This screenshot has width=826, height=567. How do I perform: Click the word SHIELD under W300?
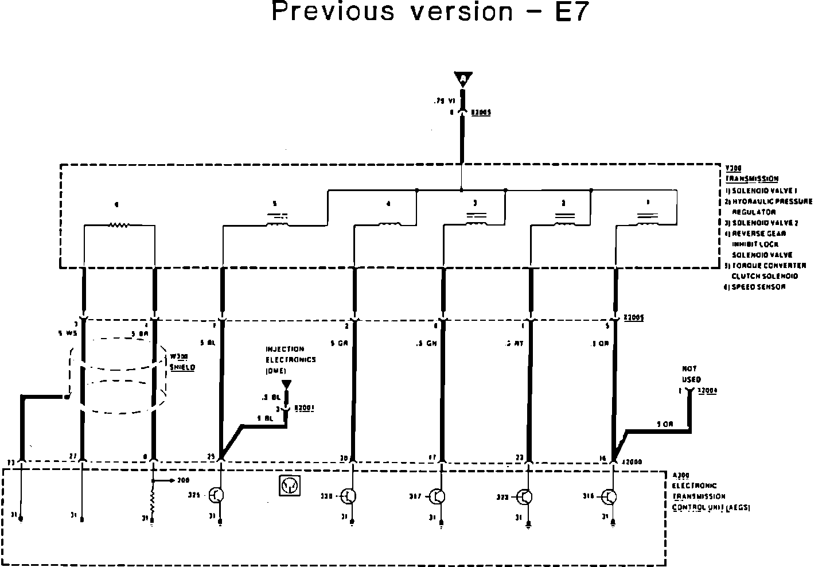pyautogui.click(x=182, y=367)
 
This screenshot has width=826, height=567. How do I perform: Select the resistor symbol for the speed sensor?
pyautogui.click(x=119, y=225)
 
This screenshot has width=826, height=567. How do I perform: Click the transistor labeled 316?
pyautogui.click(x=609, y=496)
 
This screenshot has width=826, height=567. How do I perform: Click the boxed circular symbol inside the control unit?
pyautogui.click(x=289, y=486)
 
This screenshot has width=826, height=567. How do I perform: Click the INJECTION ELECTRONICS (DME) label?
pyautogui.click(x=290, y=360)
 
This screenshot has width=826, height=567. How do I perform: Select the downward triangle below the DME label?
pyautogui.click(x=286, y=384)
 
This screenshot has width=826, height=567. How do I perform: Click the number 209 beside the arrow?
pyautogui.click(x=183, y=480)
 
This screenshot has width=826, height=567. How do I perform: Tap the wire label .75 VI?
pyautogui.click(x=444, y=100)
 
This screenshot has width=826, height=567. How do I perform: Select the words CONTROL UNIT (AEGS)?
pyautogui.click(x=711, y=507)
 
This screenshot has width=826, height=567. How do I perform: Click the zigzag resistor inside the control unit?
pyautogui.click(x=152, y=502)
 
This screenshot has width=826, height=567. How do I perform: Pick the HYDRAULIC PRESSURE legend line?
pyautogui.click(x=772, y=201)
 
